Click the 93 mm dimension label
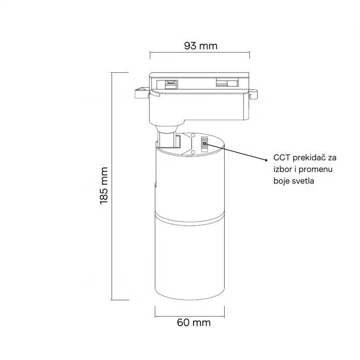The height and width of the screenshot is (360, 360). pos(200,46)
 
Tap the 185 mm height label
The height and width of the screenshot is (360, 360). pos(104,185)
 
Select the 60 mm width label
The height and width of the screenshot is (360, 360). pos(194,323)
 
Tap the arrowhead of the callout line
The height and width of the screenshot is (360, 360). pos(266,160)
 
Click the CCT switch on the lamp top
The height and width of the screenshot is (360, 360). pos(204,144)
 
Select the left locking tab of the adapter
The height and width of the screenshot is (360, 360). pos(142,93)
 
